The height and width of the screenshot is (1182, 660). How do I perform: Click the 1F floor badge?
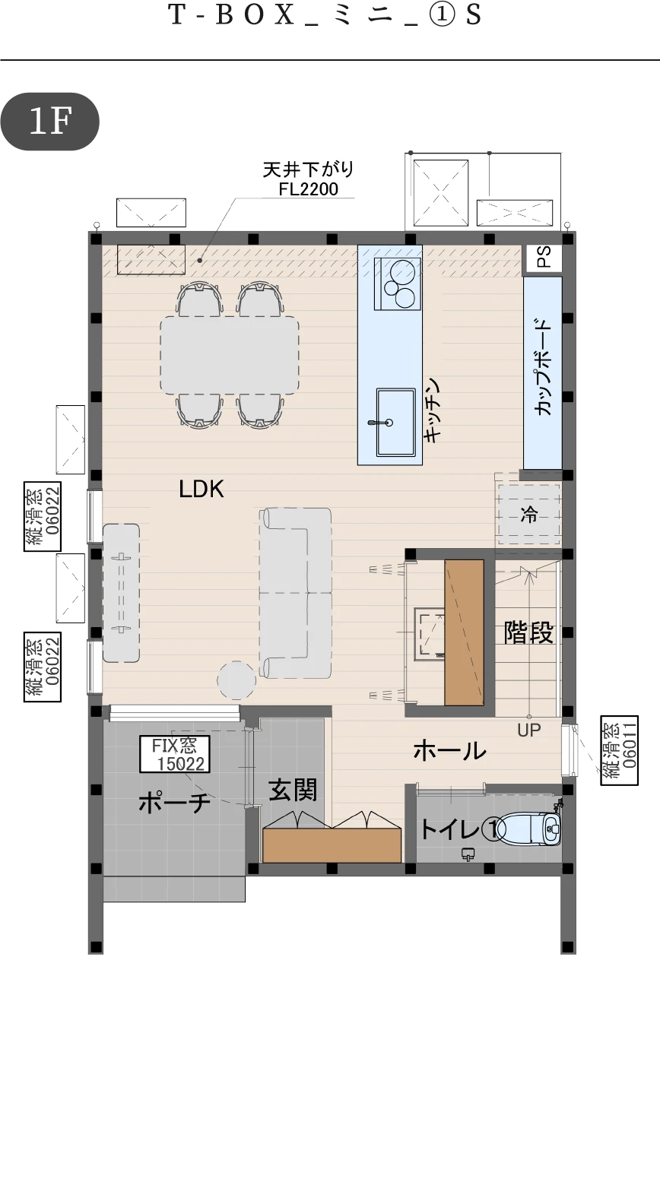49,122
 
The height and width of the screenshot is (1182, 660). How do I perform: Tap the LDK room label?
201,490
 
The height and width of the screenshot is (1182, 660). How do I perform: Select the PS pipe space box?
541,260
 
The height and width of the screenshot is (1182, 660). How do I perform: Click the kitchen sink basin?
395,422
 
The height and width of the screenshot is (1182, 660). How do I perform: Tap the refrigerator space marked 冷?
528,515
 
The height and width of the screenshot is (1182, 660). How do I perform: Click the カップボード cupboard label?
544,367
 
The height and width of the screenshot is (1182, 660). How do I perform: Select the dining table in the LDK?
230,354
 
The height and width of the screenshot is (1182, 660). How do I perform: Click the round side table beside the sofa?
236,680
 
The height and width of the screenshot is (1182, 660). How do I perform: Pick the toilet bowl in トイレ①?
531,829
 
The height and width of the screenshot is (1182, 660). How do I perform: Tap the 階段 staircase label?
528,632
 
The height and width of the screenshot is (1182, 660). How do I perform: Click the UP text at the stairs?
529,730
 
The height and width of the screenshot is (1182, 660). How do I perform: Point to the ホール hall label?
449,750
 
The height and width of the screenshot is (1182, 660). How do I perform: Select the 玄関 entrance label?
293,790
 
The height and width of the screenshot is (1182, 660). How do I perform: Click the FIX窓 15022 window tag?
175,754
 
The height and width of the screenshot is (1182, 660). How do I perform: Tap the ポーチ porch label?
174,803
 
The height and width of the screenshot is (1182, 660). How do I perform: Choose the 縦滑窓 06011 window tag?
620,750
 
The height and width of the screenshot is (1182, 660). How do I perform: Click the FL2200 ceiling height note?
309,189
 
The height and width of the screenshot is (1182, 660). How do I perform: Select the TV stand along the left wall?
122,593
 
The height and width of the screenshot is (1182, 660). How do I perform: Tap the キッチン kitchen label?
432,410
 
